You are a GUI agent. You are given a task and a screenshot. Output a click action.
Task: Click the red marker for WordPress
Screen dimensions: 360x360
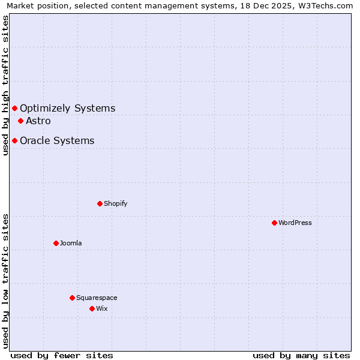pos(274,223)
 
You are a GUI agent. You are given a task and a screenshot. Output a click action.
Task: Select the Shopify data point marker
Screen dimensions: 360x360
pos(100,203)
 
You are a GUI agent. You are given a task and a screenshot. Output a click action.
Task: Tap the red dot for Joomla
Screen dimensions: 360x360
pos(56,243)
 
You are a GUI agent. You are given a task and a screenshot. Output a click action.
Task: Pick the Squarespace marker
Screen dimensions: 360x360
pos(72,298)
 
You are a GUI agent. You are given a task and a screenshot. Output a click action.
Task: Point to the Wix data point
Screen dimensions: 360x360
pos(92,308)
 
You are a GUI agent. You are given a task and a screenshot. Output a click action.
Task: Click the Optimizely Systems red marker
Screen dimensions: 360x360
pos(14,108)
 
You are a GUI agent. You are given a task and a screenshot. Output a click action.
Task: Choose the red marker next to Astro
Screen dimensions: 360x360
pos(20,121)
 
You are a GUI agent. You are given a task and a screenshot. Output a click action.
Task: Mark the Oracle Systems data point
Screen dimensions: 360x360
pos(14,140)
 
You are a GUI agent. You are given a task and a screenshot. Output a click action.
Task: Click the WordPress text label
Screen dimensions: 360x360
pos(295,223)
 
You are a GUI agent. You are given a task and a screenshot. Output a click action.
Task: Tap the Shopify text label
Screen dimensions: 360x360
pos(116,203)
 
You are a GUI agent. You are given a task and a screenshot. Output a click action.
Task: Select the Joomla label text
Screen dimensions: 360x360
pos(71,243)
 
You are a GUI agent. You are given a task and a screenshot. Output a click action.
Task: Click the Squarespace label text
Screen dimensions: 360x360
pos(97,298)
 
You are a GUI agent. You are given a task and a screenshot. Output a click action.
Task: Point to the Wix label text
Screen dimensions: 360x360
pos(102,308)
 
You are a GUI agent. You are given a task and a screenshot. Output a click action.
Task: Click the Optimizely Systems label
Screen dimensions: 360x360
pos(67,108)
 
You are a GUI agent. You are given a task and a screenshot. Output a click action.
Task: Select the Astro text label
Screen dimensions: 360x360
pos(38,121)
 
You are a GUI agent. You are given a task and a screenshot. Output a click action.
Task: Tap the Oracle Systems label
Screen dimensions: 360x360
pos(57,140)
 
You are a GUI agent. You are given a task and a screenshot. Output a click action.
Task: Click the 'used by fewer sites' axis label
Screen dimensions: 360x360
pos(62,355)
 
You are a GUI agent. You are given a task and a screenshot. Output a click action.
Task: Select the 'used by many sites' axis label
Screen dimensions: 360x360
pos(301,355)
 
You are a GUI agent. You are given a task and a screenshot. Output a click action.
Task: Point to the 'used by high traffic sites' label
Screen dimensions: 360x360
pos(5,85)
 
